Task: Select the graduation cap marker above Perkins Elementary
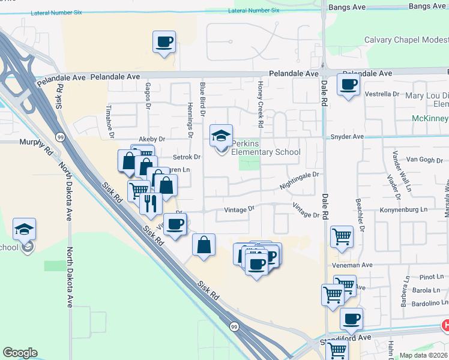[x=221, y=136]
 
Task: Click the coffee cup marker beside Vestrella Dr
[x=348, y=84]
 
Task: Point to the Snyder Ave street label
[x=348, y=137]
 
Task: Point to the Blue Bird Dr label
[x=203, y=100]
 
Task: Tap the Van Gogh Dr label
[x=424, y=160]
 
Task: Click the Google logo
[x=20, y=353]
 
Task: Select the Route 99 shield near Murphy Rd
[x=61, y=137]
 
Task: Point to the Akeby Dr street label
[x=152, y=139]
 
